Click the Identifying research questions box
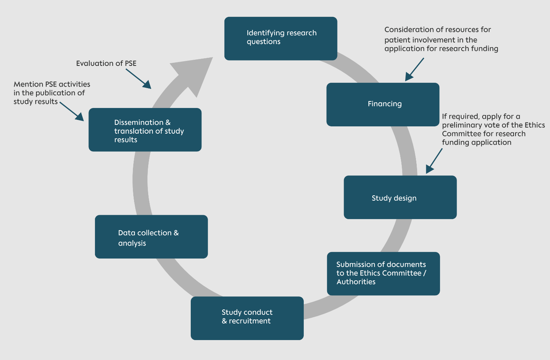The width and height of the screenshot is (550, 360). (x=281, y=39)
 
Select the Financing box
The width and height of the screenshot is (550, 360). (x=383, y=105)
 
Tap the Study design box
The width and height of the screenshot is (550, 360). (x=400, y=197)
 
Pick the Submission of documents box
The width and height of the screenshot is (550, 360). (x=383, y=273)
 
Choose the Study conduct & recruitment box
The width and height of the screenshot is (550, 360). (x=247, y=318)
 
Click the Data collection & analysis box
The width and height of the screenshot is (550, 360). (x=151, y=237)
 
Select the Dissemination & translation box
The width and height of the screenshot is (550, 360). (x=145, y=130)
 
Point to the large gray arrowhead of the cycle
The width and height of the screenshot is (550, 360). (x=194, y=75)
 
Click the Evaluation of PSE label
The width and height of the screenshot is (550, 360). (x=106, y=63)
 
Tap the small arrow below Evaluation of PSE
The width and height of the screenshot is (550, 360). (x=139, y=79)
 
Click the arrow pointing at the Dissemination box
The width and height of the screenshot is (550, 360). (x=72, y=112)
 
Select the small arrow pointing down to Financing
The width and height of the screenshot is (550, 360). (x=414, y=69)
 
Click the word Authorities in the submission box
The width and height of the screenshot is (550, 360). (x=356, y=281)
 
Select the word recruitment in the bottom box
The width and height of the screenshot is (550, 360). (x=250, y=321)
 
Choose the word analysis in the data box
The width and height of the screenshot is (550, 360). (x=132, y=243)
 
